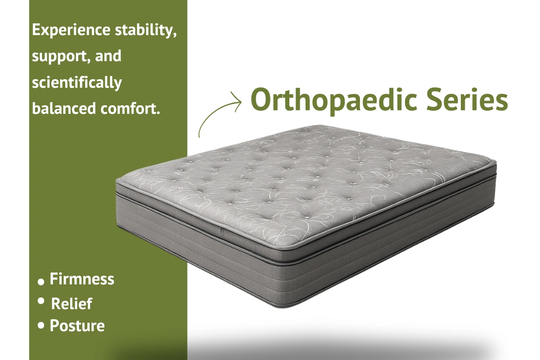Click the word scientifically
(x=77, y=83)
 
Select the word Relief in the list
(x=72, y=303)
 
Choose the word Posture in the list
(x=77, y=325)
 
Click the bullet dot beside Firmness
(x=41, y=282)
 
